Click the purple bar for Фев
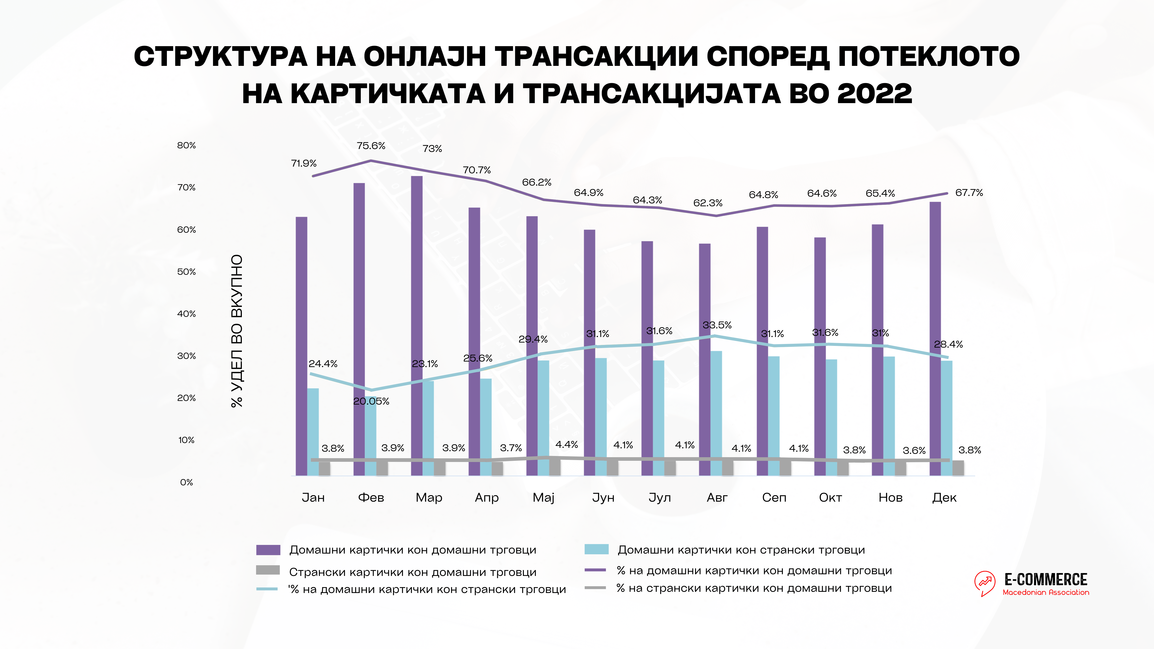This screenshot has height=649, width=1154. pyautogui.click(x=359, y=329)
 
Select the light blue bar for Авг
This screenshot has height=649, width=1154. pyautogui.click(x=716, y=413)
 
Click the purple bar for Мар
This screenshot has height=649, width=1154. pyautogui.click(x=417, y=326)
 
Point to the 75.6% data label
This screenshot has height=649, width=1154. pyautogui.click(x=371, y=146)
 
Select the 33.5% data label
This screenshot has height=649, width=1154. pyautogui.click(x=717, y=325)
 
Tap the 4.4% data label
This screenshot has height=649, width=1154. pyautogui.click(x=567, y=445)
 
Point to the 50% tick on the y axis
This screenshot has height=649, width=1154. pyautogui.click(x=186, y=272)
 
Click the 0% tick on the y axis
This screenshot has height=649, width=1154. pyautogui.click(x=186, y=482)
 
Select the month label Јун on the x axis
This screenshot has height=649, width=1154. pyautogui.click(x=603, y=498)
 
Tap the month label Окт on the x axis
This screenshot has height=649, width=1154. pyautogui.click(x=830, y=498)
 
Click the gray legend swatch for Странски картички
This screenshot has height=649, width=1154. pyautogui.click(x=268, y=570)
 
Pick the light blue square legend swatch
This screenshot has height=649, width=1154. pyautogui.click(x=596, y=549)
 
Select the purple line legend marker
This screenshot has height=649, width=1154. pyautogui.click(x=595, y=570)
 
